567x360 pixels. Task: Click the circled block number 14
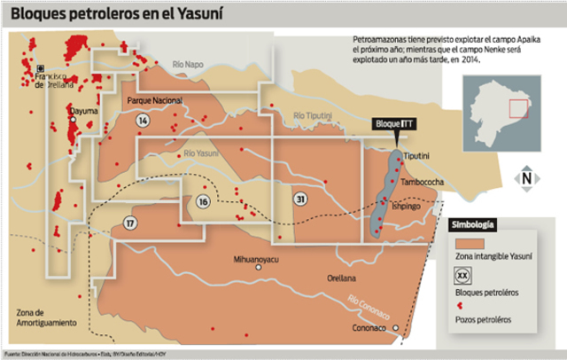144,120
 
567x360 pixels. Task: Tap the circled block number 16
203,202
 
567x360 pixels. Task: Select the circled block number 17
131,222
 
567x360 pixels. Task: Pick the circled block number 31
301,200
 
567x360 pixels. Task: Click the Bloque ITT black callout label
393,124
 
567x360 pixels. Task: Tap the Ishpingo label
406,204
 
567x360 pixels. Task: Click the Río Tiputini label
313,115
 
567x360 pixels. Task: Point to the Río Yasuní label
200,153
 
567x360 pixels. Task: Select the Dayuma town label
82,113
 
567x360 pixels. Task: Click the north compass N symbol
526,177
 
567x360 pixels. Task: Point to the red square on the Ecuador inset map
517,109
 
